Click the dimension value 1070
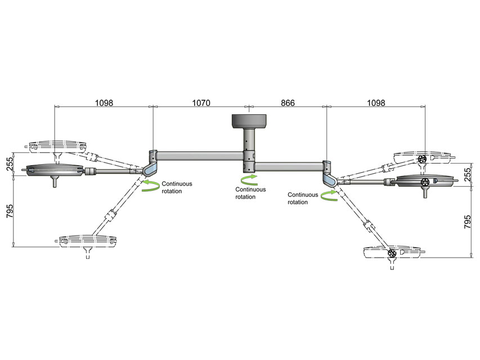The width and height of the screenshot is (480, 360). pos(201,103)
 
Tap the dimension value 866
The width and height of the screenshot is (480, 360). pos(286,103)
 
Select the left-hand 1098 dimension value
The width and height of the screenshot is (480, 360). pos(104,103)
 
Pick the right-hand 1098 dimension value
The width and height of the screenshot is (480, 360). pos(375,103)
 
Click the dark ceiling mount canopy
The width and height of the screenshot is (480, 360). pos(249,120)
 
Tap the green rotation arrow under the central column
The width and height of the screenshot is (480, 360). pos(248,179)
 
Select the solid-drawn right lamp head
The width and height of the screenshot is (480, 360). pos(425,181)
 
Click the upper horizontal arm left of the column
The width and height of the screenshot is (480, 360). pos(200,153)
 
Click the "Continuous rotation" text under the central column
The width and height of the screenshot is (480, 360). pos(251,193)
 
